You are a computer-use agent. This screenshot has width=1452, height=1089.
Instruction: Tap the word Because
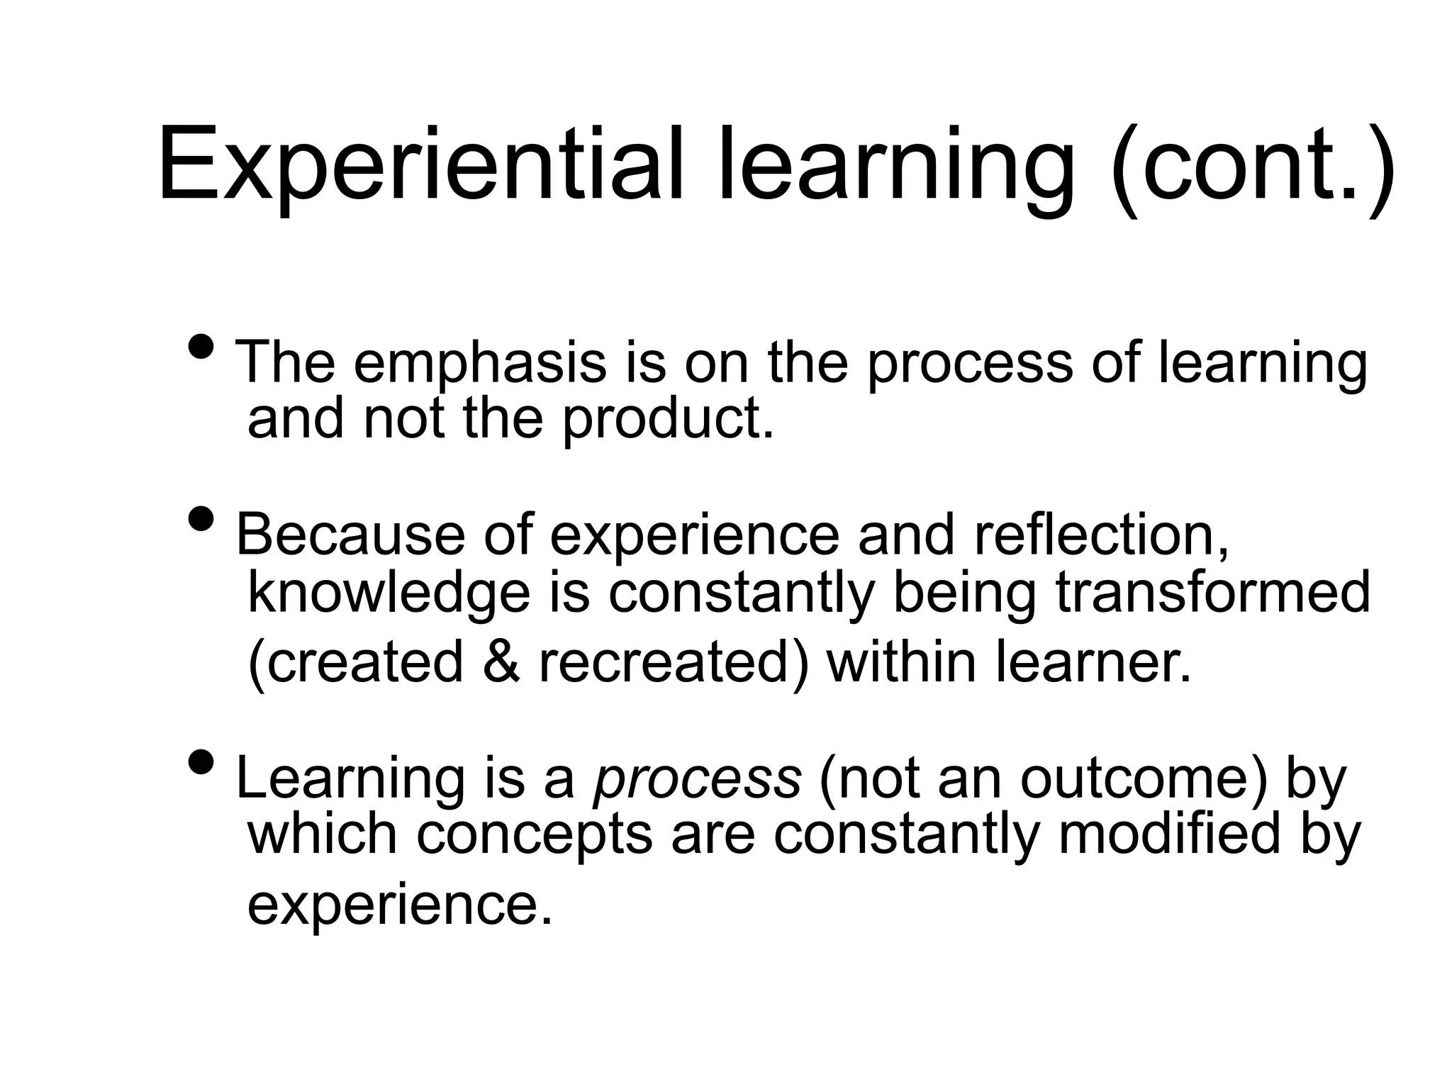350,535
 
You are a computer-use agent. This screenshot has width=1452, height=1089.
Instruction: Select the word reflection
1102,535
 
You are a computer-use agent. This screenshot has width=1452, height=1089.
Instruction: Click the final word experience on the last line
399,905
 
